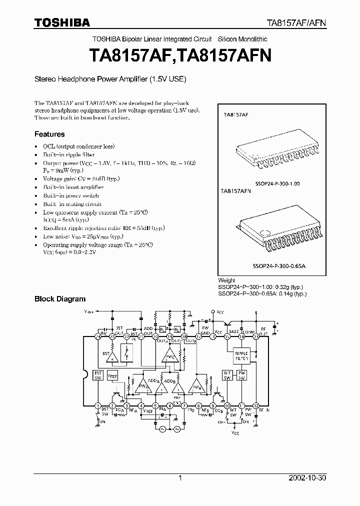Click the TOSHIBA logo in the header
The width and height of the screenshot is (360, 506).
tap(62, 22)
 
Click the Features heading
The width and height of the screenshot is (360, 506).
tap(49, 134)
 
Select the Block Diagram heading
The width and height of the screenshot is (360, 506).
tap(59, 299)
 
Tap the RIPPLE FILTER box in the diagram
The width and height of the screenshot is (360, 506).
tap(241, 356)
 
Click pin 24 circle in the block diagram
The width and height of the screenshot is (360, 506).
tap(98, 337)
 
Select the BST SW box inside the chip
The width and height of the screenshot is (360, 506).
tap(98, 375)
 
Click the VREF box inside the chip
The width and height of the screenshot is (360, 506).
tap(113, 375)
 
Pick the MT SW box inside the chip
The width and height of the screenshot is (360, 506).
tap(227, 375)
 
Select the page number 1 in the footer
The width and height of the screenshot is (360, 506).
tap(180, 478)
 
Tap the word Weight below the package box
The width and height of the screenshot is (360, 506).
tap(226, 280)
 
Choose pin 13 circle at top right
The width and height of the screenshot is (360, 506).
tap(256, 337)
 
